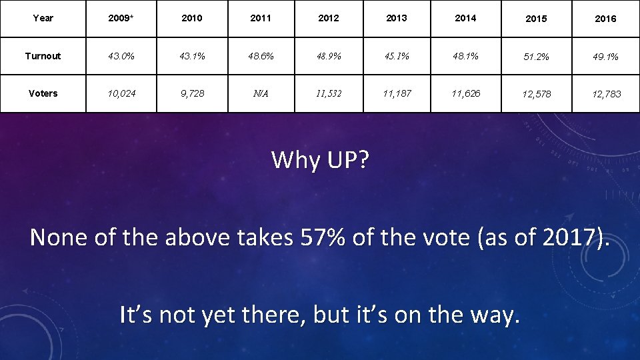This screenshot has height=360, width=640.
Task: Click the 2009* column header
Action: (x=121, y=18)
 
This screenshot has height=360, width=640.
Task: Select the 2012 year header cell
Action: (x=329, y=18)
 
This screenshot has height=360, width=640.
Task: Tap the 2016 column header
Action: (x=605, y=19)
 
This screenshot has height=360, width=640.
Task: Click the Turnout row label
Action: (x=43, y=56)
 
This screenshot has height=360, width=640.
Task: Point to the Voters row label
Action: (x=43, y=93)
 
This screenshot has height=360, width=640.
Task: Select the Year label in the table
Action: (x=43, y=18)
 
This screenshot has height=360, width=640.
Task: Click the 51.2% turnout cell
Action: (x=537, y=57)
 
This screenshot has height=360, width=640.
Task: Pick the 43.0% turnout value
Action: (x=121, y=56)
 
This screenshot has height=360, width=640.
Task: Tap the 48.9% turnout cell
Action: (x=329, y=56)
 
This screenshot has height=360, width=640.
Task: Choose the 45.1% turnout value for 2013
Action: (x=397, y=56)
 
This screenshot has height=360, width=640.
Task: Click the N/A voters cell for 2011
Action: (x=261, y=93)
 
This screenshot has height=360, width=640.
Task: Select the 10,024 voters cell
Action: (x=121, y=93)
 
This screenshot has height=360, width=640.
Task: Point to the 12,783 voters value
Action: (x=605, y=94)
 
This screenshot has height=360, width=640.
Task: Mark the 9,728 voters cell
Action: (x=191, y=93)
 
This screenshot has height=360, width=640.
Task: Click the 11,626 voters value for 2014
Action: (x=465, y=93)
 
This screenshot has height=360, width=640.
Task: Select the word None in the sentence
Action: (x=58, y=237)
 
